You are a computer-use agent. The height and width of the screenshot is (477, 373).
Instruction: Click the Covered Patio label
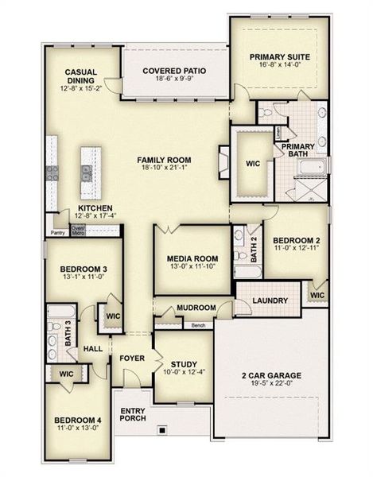click(174, 71)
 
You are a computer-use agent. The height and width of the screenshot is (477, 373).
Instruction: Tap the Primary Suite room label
click(278, 56)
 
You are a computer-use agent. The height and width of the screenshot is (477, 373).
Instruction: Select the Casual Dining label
click(81, 76)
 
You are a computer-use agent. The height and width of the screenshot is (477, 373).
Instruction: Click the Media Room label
click(192, 258)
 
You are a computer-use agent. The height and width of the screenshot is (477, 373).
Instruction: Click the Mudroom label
click(196, 308)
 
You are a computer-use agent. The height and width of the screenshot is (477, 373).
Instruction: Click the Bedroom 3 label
click(84, 270)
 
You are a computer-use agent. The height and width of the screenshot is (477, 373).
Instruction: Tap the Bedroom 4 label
click(77, 421)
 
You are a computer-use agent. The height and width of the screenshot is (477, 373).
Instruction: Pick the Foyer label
click(132, 358)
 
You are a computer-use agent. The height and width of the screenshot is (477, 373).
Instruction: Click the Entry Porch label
click(132, 415)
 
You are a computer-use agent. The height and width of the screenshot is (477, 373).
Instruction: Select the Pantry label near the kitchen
click(57, 233)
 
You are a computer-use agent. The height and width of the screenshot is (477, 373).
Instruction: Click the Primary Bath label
click(298, 149)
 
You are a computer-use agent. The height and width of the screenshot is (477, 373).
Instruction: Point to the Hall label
click(93, 348)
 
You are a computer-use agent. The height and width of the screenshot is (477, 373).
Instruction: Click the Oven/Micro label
click(78, 231)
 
